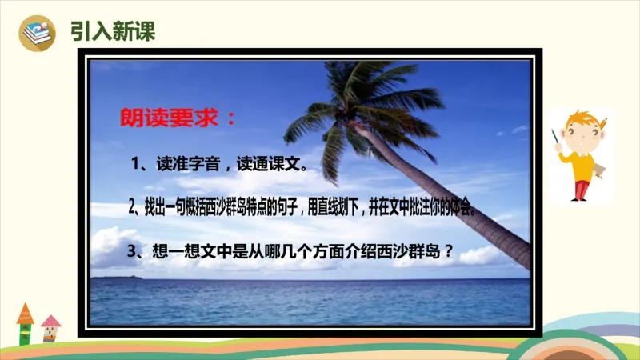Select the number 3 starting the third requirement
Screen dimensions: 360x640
[133, 252]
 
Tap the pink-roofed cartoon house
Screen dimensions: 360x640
[50, 325]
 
